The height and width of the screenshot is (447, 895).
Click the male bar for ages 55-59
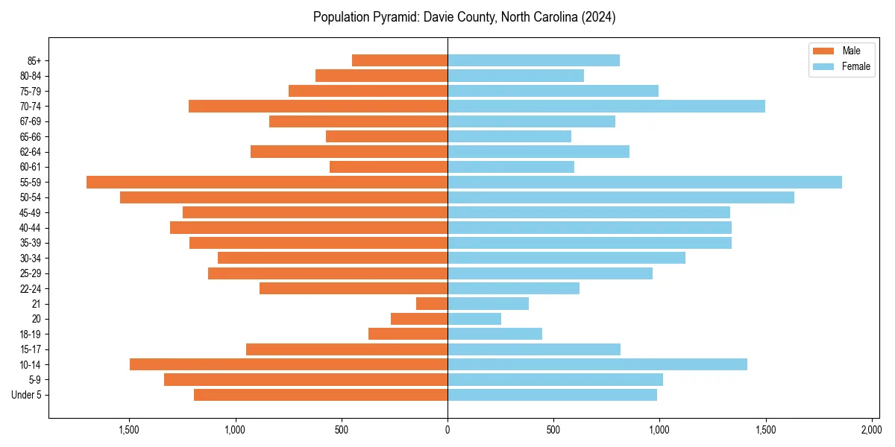(267, 182)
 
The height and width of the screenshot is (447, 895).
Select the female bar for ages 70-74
(606, 106)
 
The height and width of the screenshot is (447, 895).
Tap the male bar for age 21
(432, 303)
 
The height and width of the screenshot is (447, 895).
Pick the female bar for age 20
(474, 319)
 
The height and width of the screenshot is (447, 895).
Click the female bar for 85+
(533, 60)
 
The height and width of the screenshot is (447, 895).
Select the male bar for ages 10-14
(289, 364)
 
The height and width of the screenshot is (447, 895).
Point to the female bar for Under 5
(552, 395)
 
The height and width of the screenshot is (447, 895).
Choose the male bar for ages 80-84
(382, 75)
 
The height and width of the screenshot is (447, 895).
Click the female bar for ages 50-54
(621, 197)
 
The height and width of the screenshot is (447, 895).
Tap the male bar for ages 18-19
(408, 334)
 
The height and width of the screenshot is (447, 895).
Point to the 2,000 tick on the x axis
(871, 430)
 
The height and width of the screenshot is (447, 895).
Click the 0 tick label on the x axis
(447, 430)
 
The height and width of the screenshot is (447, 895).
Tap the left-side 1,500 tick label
(129, 430)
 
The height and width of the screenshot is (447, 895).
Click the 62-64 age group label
(31, 151)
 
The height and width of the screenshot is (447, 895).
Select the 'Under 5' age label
(27, 395)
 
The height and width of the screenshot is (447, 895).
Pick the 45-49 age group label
(31, 212)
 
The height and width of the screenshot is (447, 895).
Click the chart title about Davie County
(464, 17)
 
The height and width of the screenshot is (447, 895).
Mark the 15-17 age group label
(31, 349)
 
